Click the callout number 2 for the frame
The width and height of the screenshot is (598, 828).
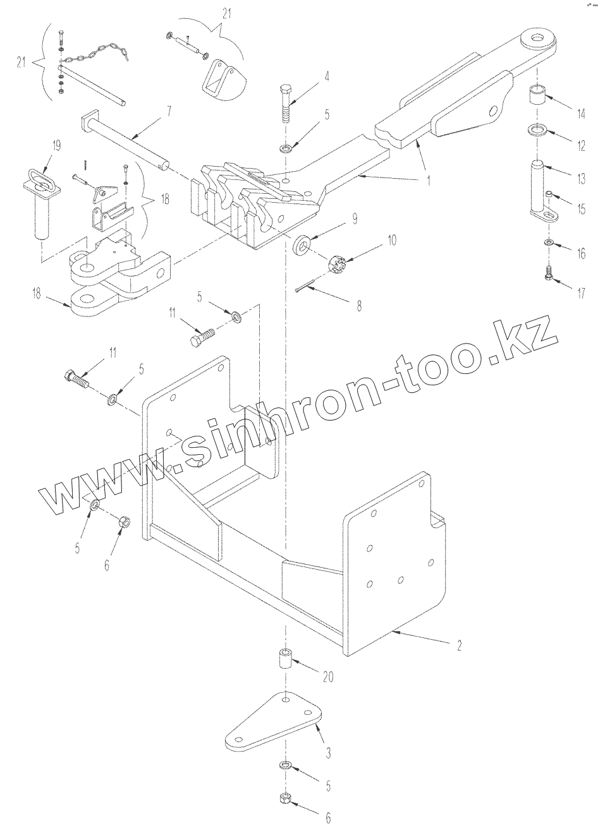pyautogui.click(x=460, y=645)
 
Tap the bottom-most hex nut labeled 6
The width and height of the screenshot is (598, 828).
pyautogui.click(x=285, y=799)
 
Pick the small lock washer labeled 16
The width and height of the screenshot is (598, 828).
pyautogui.click(x=547, y=243)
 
